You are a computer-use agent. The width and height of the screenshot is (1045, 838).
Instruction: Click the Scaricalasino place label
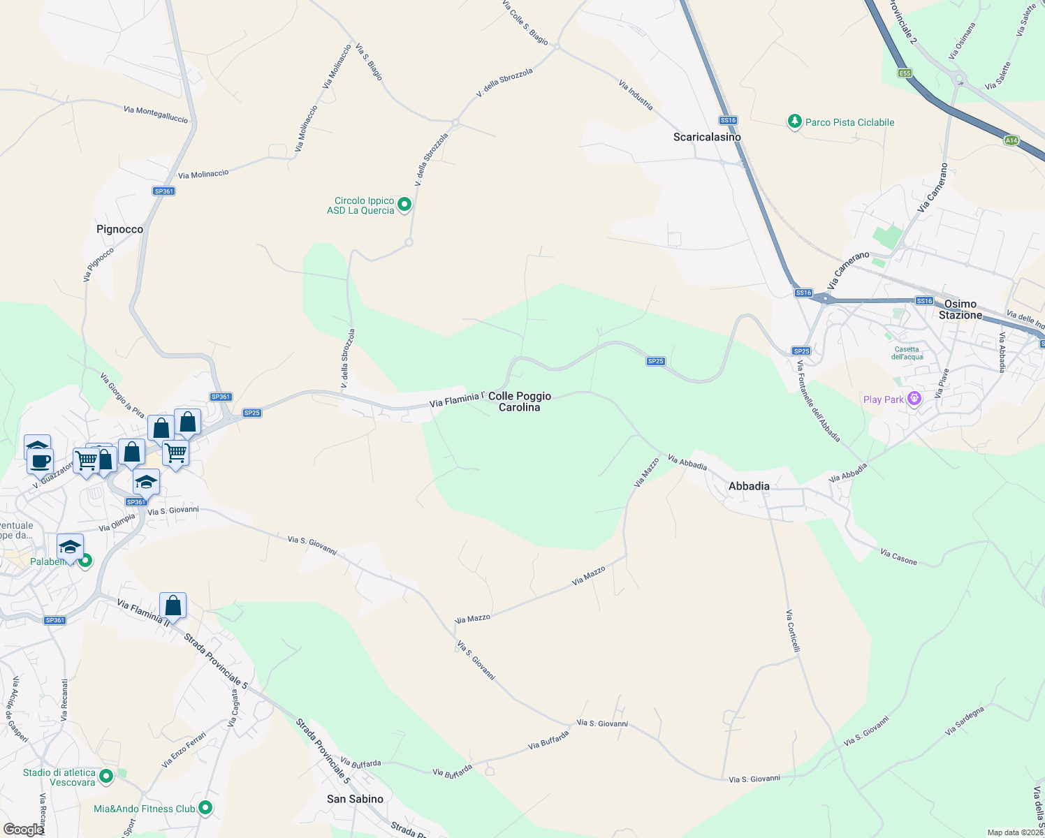pos(707,137)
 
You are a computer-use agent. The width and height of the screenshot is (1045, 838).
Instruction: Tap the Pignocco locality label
pos(119,229)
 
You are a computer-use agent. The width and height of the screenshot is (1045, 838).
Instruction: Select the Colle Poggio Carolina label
pos(520,402)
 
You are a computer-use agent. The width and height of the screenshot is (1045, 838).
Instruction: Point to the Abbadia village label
pos(749,486)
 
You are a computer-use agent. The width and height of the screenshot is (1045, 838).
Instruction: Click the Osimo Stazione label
pos(960,309)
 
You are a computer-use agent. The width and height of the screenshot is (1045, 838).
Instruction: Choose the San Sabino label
pos(355,799)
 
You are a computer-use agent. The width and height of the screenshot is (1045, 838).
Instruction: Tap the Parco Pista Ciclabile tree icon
pos(794,122)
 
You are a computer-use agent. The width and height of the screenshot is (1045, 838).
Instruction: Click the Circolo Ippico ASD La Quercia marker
pos(404,205)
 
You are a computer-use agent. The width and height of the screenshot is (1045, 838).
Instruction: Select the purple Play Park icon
pos(914,399)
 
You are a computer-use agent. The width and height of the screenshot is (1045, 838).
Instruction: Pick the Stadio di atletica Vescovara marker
pos(106,776)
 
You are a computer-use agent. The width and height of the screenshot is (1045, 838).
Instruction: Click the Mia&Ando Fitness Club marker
pos(205,808)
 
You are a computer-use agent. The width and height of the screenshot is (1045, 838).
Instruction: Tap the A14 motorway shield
pos(1011,140)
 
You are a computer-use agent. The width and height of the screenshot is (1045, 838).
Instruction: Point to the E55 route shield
pos(905,73)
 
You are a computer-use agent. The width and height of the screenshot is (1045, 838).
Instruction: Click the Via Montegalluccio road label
pos(156,115)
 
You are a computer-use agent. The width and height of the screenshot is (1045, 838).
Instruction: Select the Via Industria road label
pos(636,95)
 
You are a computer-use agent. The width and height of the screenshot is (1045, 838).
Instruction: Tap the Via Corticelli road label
pos(793,631)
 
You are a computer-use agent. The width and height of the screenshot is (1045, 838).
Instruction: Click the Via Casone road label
pos(898,557)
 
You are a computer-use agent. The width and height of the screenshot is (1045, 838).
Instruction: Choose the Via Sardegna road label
pos(965,721)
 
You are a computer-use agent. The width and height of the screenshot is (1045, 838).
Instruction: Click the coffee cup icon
pos(41,461)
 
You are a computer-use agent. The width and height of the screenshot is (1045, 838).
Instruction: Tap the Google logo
pos(23,829)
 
